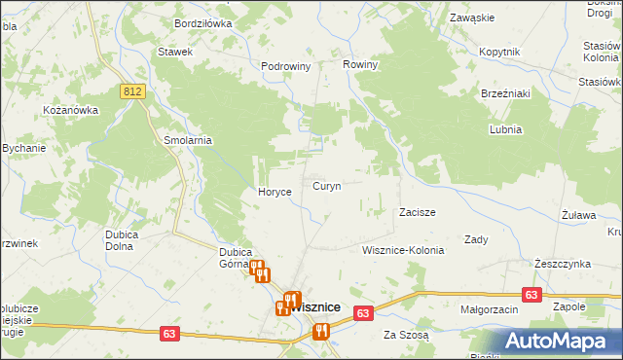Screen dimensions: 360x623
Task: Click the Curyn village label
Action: click(x=326, y=186)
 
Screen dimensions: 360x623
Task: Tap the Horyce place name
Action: click(x=275, y=192)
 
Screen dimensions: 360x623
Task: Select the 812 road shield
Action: click(x=134, y=90)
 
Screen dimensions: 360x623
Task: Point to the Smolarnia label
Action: click(x=188, y=140)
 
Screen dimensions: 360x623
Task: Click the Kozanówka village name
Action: click(x=71, y=110)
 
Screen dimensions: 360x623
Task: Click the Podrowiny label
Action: click(x=285, y=66)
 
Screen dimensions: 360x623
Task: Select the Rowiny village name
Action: click(x=360, y=64)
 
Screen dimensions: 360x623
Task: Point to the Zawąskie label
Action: click(x=473, y=18)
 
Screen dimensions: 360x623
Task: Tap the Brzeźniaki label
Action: click(x=505, y=93)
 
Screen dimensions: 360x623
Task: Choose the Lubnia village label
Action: click(x=506, y=129)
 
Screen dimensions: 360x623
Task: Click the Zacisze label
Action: click(x=417, y=211)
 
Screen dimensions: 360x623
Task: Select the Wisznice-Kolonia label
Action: click(x=403, y=250)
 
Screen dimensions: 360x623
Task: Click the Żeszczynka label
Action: click(x=563, y=264)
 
